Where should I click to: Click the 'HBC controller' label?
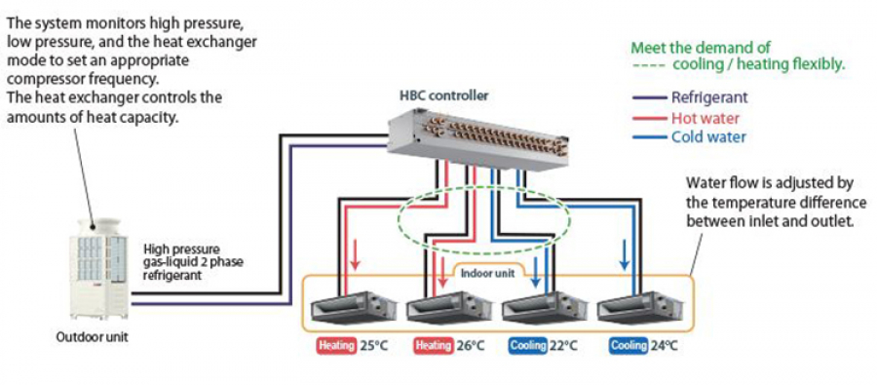pos(443,96)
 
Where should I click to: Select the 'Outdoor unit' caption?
pos(93,337)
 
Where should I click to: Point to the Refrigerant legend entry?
pos(690,96)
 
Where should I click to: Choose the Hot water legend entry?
pos(686,118)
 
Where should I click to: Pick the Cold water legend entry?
pos(689,137)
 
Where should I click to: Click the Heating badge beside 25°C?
pos(337,345)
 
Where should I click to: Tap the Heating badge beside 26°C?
pos(434,345)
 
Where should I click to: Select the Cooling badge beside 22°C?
pos(528,345)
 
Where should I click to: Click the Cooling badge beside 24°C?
pos(629,345)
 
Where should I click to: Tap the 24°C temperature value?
pos(664,346)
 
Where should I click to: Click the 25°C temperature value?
pos(373,346)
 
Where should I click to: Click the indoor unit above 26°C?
pos(449,307)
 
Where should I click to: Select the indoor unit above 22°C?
pos(544,307)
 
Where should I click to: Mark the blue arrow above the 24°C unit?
pos(625,257)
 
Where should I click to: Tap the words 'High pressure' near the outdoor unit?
pos(181,249)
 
